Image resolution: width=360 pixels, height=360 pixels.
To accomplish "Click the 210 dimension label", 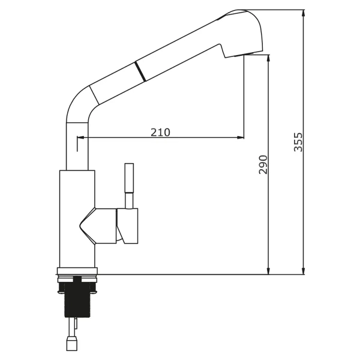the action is (160, 132).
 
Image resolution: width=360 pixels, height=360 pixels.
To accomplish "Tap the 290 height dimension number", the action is (263, 164).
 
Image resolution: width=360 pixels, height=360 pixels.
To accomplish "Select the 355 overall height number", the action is (298, 142).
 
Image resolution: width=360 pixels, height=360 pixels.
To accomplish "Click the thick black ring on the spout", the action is (140, 71).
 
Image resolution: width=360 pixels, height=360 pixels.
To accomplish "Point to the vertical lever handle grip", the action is (129, 178).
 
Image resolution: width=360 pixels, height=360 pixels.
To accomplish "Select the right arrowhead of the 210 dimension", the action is (241, 137).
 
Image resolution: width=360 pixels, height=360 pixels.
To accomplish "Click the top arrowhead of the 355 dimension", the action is (303, 13).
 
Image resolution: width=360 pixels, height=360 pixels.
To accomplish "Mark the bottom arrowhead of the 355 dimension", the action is (303, 271).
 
